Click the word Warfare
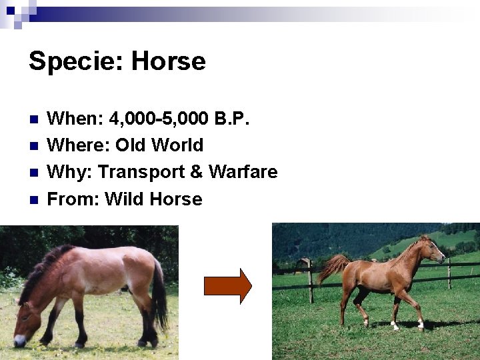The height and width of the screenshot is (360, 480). [x=243, y=172]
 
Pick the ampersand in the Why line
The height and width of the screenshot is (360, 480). [x=196, y=172]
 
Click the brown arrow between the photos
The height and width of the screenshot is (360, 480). [x=227, y=286]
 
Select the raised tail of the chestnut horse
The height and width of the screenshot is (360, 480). [x=333, y=266]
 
